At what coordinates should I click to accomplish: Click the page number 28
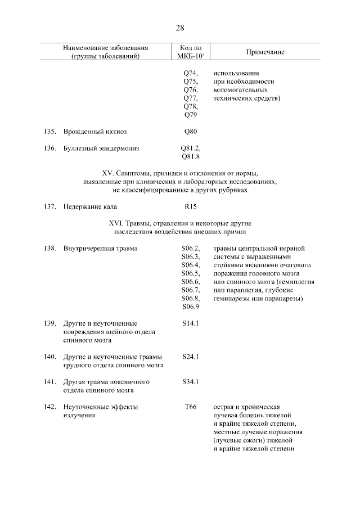[x=180, y=28]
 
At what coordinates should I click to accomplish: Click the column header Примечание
[x=265, y=52]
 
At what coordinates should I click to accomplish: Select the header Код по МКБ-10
[x=191, y=52]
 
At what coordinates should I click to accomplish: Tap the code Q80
[x=191, y=132]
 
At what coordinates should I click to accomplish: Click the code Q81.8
[x=191, y=157]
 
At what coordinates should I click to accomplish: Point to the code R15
[x=191, y=207]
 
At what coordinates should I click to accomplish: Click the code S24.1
[x=191, y=357]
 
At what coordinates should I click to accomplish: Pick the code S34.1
[x=191, y=382]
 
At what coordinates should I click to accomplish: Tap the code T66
[x=191, y=407]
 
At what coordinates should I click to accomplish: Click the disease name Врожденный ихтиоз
[x=95, y=132]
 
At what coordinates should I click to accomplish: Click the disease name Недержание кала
[x=90, y=207]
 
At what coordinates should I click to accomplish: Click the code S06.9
[x=191, y=307]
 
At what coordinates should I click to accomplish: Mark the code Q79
[x=191, y=115]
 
